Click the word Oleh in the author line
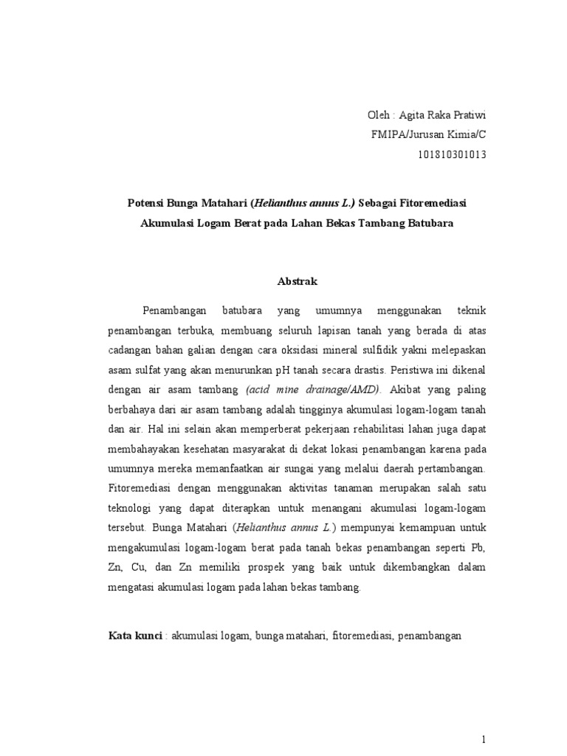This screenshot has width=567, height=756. [x=379, y=116]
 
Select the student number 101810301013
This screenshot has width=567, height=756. [x=450, y=154]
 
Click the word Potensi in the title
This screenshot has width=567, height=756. [x=141, y=202]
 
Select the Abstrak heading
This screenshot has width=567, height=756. [x=297, y=281]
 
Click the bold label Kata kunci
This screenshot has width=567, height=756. [x=135, y=635]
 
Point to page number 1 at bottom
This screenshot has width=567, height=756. [x=484, y=718]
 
